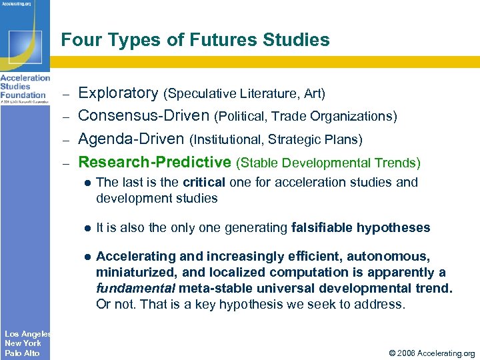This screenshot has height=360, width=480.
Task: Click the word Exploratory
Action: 118,93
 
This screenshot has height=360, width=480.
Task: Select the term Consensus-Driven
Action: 144,116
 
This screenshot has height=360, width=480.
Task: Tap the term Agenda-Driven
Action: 131,139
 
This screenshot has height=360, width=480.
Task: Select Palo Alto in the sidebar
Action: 22,353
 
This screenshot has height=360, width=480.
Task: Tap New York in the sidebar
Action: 23,343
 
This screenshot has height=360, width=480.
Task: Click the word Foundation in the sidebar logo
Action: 23,95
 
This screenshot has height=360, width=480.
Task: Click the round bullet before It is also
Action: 87,228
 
